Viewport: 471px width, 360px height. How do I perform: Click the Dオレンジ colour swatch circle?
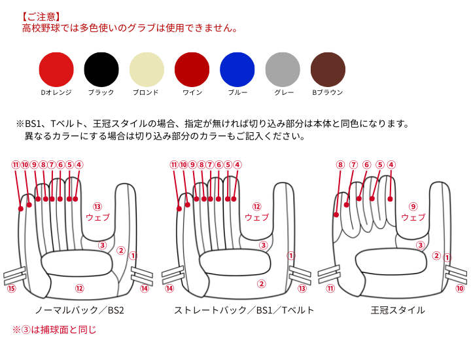[56, 69]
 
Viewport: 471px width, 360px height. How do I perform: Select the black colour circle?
[101, 69]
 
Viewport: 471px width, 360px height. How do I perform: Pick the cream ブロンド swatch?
[147, 69]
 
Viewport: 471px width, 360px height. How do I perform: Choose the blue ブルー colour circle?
[237, 69]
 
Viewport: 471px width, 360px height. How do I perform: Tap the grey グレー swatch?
[283, 69]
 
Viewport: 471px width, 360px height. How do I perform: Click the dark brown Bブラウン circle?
[328, 69]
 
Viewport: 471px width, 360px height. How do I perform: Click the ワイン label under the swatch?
[192, 92]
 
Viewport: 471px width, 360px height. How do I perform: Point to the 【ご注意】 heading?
[41, 16]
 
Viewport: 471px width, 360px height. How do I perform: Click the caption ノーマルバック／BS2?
[79, 310]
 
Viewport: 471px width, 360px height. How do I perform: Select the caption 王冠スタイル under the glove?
[398, 310]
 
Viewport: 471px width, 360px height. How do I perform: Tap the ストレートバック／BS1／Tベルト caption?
[244, 310]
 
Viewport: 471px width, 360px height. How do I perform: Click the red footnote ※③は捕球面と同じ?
[54, 330]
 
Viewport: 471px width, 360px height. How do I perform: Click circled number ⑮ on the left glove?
[11, 289]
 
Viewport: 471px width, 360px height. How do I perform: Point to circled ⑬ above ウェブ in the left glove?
[97, 207]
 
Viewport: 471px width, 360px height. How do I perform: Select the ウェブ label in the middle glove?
[256, 217]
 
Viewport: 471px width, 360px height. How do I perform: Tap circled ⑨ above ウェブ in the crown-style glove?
[413, 207]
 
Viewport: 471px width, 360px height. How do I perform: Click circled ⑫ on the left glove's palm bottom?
[79, 289]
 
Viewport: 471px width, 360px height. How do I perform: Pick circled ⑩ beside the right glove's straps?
[460, 289]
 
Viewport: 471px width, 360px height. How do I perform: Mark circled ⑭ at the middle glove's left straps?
[169, 289]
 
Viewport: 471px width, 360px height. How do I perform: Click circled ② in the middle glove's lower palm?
[261, 283]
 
